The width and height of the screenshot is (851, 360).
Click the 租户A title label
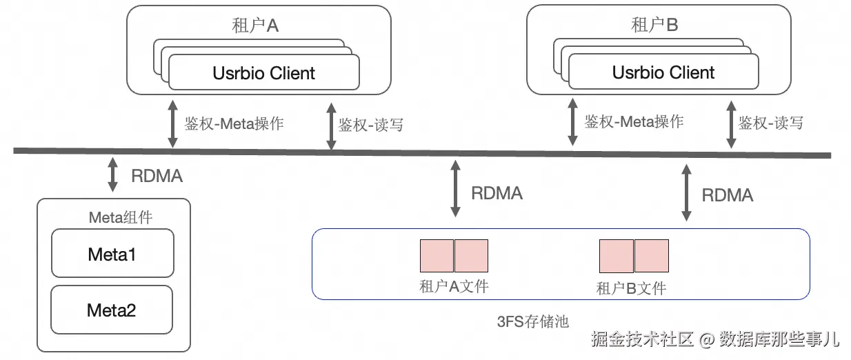coord(255,26)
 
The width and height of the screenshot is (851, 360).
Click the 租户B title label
coord(654,26)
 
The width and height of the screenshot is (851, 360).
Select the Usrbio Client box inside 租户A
coord(264,72)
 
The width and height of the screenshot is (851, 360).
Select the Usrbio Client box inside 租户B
coord(663,72)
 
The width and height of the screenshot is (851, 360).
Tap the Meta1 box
coord(112,254)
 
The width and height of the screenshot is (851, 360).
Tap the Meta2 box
coord(112,310)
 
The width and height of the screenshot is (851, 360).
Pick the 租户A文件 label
coord(454,286)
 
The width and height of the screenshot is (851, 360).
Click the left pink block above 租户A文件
coord(437,255)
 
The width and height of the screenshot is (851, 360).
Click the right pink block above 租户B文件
coord(652,255)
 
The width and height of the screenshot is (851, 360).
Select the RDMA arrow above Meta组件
coord(112,176)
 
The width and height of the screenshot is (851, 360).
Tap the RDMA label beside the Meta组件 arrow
coord(157,176)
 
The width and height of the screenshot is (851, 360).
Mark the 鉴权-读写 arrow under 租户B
coord(730,124)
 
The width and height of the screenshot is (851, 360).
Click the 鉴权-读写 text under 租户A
coord(370,125)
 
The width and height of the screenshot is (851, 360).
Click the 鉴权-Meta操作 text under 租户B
coord(634,122)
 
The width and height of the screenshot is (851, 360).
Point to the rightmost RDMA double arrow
coord(686,192)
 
